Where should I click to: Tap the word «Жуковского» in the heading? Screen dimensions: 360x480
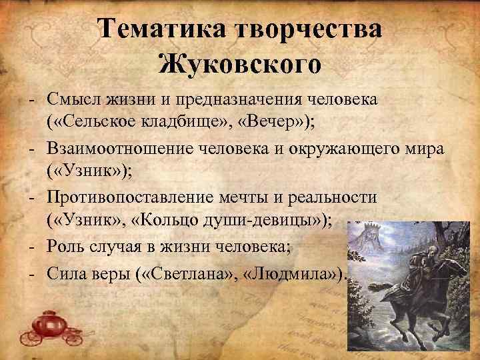(240, 65)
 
